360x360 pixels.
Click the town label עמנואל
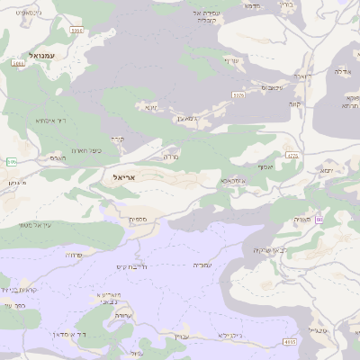pos(41,56)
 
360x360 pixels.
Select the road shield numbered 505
pos(11,162)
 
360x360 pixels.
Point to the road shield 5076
pos(238,94)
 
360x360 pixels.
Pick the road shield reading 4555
pos(290,342)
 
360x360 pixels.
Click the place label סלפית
pos(138,219)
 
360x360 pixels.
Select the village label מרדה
pos(170,157)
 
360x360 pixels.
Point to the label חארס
pos(58,157)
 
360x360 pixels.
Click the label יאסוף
pos(265,167)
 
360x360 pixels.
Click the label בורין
pos(287,4)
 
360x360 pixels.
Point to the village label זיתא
pos(151,107)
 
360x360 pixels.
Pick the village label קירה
pos(117,139)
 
